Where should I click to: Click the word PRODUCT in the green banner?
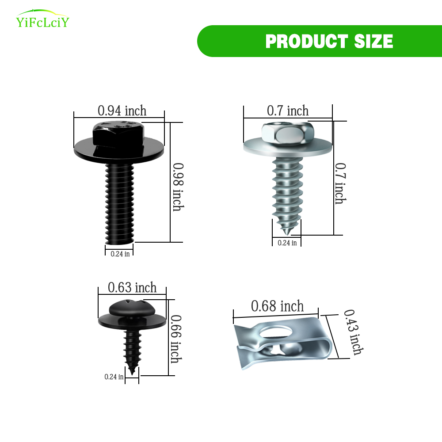pos(306,41)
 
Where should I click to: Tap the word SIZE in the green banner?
pos(373,41)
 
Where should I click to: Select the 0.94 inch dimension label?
pos(122,110)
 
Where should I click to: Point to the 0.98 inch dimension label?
pos(178,187)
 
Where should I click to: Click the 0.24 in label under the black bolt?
pos(120,254)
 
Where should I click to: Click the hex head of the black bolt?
pos(118,134)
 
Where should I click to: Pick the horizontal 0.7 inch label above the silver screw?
pos(288,110)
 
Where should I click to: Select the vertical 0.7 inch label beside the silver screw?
pos(340,183)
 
